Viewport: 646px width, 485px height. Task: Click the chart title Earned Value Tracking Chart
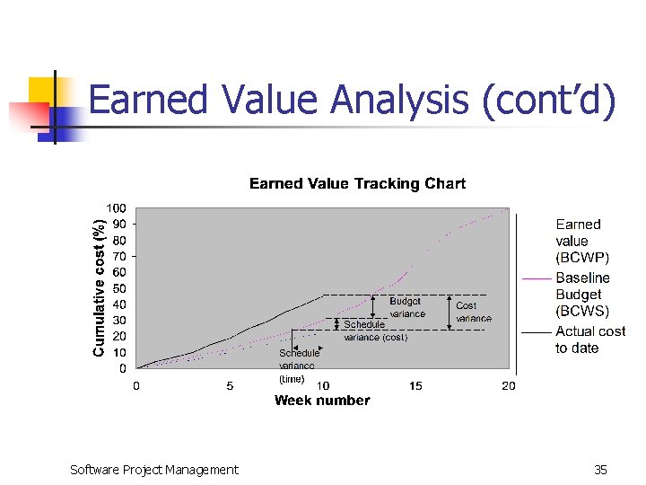click(357, 184)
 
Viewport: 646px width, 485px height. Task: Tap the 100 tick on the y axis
click(116, 209)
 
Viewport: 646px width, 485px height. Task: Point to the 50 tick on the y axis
click(118, 288)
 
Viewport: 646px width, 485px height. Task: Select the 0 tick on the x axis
click(136, 386)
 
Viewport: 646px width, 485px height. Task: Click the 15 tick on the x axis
click(415, 386)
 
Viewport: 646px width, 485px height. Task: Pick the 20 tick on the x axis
click(509, 386)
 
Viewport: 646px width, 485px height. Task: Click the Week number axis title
click(322, 401)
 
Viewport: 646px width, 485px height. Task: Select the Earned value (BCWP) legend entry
click(578, 241)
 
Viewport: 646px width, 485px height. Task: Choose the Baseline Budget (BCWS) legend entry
click(581, 295)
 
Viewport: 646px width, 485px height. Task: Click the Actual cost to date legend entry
click(589, 339)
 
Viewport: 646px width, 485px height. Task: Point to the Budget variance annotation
click(406, 308)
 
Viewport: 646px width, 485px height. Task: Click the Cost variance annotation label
click(473, 312)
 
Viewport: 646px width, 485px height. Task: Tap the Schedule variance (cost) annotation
click(375, 331)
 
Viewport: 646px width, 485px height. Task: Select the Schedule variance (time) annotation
click(298, 366)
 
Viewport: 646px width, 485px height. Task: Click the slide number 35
click(601, 469)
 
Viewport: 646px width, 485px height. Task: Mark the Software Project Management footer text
click(154, 469)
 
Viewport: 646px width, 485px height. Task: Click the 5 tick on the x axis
click(230, 386)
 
